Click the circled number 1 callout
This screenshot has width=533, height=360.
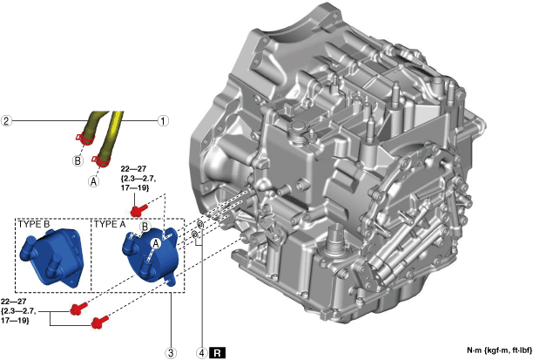click(163, 121)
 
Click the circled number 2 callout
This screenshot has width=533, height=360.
click(6, 121)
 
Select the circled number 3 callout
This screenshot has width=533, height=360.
click(171, 352)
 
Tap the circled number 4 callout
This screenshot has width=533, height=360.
click(202, 352)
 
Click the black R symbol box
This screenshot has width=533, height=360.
click(218, 352)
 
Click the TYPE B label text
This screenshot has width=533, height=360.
click(34, 224)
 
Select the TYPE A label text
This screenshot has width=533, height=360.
click(110, 224)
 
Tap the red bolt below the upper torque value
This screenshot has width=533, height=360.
click(138, 209)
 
